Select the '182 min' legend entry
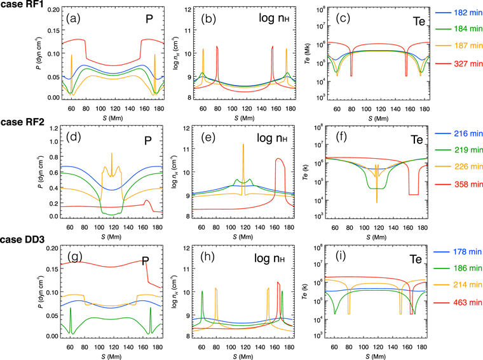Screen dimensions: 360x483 (x=461, y=13)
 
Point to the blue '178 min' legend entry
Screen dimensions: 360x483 (x=461, y=254)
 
